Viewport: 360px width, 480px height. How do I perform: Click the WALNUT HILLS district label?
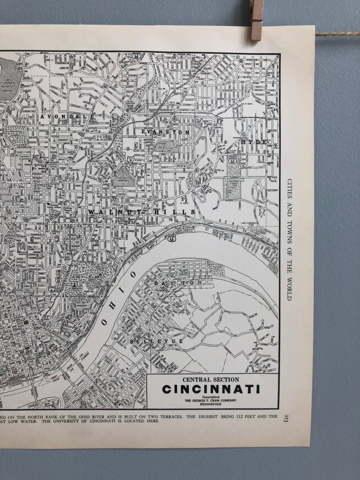142,212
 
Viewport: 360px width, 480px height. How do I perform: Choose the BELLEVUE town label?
157,341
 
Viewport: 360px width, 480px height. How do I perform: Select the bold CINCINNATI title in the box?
211,390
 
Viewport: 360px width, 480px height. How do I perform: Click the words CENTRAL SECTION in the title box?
211,380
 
